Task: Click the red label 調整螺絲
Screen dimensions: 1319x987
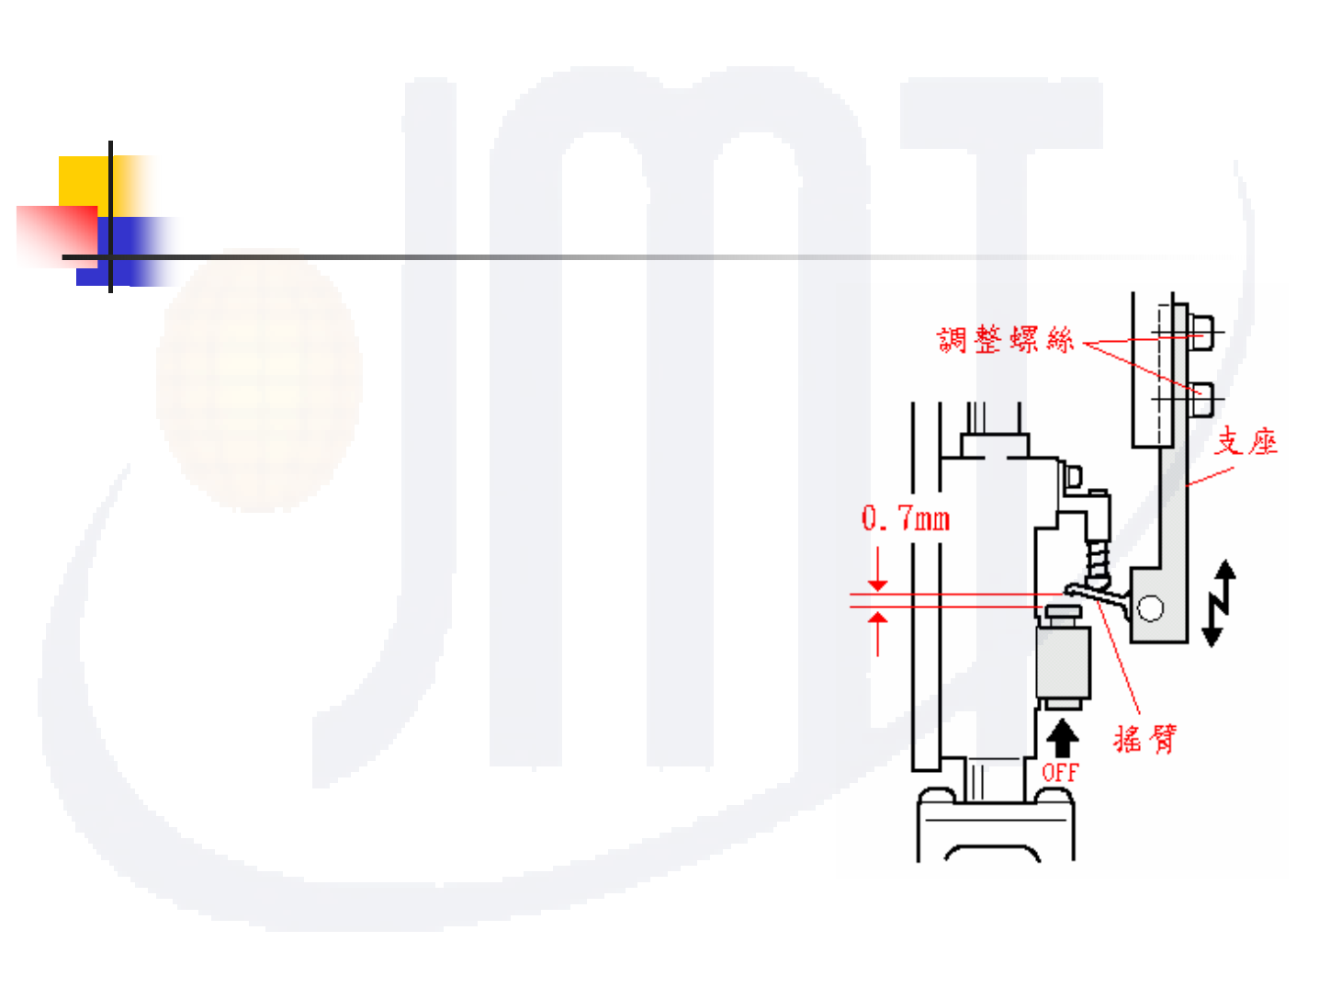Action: (x=1005, y=340)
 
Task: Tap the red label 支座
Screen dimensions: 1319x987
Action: (x=1246, y=442)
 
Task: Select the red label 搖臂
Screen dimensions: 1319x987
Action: (x=1144, y=738)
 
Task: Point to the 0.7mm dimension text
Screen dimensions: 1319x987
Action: (x=905, y=519)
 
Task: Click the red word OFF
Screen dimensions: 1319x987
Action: (x=1060, y=772)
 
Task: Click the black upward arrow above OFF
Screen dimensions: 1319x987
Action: (x=1063, y=737)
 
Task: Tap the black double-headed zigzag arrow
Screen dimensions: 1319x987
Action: (x=1219, y=604)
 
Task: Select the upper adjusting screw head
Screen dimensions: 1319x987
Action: (x=1201, y=332)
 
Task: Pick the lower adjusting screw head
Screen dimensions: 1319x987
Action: (x=1201, y=400)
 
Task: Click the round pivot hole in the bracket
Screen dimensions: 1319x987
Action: (x=1150, y=607)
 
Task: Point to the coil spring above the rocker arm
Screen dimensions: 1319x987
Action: (x=1097, y=561)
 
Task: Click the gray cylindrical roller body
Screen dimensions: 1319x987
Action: (x=1063, y=662)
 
